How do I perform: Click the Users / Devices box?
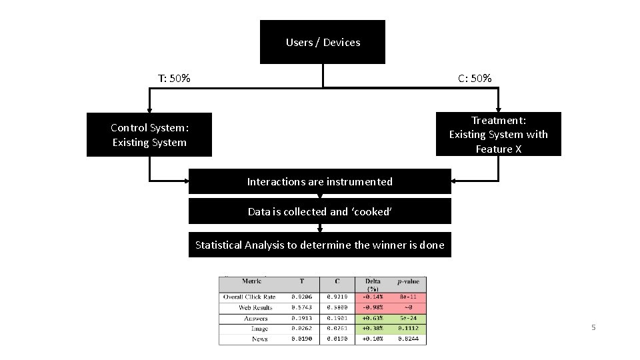323,42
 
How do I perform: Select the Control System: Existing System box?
149,135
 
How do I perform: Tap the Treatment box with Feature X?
498,134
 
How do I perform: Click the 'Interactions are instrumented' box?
319,181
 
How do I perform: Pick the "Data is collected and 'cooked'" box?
319,211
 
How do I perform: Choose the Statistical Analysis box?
319,245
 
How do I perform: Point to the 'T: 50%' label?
174,79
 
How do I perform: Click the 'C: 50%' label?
475,79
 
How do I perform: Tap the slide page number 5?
593,327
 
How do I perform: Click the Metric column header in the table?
251,281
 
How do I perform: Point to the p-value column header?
408,281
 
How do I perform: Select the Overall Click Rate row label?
249,297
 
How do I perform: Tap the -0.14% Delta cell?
373,297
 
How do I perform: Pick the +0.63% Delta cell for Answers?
373,318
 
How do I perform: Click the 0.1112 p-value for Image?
408,328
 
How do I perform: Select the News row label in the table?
260,339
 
